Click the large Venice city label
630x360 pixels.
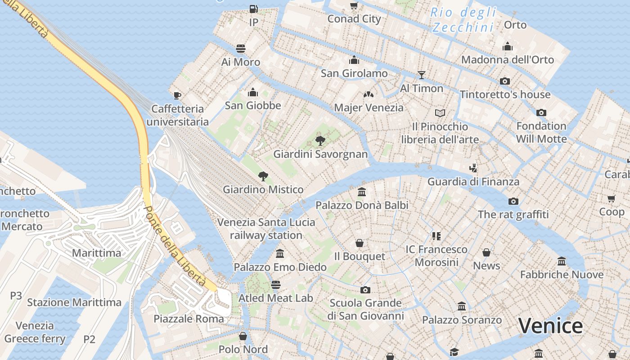(550, 326)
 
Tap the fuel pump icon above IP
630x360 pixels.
(254, 9)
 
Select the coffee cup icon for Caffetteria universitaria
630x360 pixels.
(177, 95)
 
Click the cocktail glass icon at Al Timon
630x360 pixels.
(422, 75)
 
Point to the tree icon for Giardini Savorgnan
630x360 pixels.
(320, 141)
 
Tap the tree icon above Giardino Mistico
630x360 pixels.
(263, 176)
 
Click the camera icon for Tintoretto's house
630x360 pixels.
(505, 81)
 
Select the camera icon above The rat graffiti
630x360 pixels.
(513, 201)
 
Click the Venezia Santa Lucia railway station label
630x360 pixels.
(266, 229)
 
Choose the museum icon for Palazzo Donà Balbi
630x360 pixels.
(362, 192)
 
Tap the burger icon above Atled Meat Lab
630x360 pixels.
(276, 284)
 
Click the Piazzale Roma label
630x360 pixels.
(189, 319)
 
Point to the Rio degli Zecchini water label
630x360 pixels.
(463, 20)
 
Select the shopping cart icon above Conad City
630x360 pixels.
(354, 5)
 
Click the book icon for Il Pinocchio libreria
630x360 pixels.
(440, 113)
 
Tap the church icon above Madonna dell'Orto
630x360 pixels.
(508, 46)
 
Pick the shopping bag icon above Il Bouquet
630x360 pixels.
(360, 243)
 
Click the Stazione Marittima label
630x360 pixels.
(74, 302)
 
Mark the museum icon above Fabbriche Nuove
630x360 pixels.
(562, 261)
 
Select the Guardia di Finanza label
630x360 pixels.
(473, 182)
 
